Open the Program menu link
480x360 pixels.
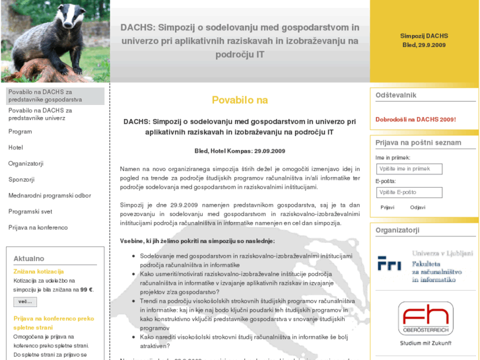pos(20,131)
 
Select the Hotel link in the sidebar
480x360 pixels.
pos(16,147)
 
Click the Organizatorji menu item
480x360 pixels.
pos(26,163)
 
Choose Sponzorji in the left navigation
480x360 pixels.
pos(21,179)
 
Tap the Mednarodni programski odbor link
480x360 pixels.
pos(50,196)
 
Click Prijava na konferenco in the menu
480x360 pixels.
pos(38,227)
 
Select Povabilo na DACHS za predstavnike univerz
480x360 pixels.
pos(40,114)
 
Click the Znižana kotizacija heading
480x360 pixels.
pos(38,271)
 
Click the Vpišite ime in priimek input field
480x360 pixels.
pos(409,169)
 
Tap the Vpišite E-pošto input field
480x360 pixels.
pos(409,192)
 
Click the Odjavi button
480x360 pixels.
pos(417,207)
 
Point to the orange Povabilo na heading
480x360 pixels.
pos(240,100)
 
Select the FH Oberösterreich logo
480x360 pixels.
pos(425,318)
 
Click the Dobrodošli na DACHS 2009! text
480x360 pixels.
pos(415,120)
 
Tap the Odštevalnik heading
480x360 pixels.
pos(396,95)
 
